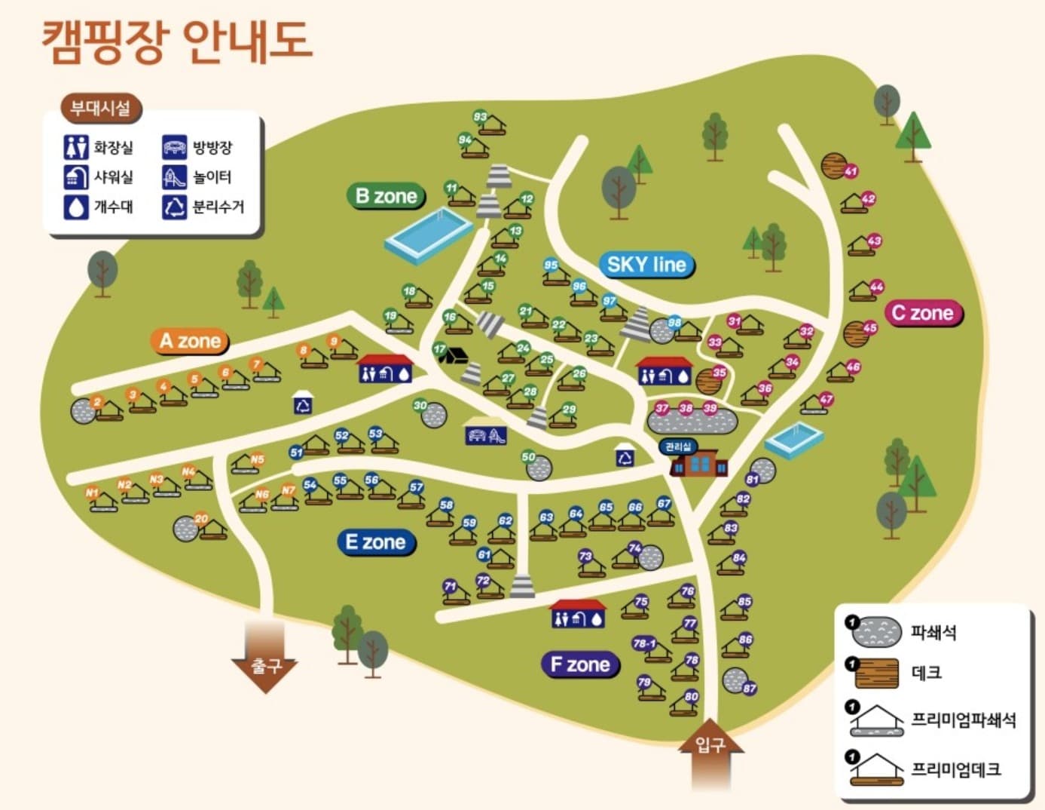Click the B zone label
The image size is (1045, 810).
click(x=387, y=196)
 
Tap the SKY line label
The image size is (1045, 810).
click(x=646, y=265)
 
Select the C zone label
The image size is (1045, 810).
click(x=923, y=313)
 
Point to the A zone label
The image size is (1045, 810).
click(x=190, y=341)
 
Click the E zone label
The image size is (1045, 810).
click(x=375, y=542)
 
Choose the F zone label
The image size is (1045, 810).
click(x=580, y=664)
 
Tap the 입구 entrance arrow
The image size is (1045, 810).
click(x=710, y=758)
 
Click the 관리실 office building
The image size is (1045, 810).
click(x=698, y=462)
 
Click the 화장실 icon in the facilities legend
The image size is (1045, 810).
click(x=76, y=146)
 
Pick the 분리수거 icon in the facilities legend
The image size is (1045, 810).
click(x=174, y=207)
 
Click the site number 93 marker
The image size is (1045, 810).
click(x=480, y=117)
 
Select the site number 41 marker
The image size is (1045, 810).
click(x=851, y=171)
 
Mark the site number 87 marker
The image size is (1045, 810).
click(x=749, y=688)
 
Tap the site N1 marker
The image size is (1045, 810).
click(x=92, y=492)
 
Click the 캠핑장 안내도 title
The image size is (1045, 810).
click(x=176, y=41)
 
